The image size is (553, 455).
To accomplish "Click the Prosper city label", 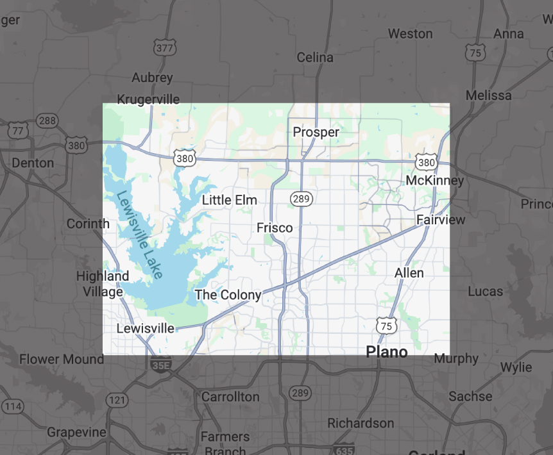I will [x=316, y=132].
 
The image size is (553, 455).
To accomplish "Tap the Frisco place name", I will [x=275, y=227].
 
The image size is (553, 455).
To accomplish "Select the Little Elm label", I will [x=229, y=200].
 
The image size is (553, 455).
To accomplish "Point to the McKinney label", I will [x=434, y=181].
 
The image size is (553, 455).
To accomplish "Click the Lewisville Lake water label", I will [x=140, y=235].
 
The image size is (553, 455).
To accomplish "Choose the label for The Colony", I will [x=228, y=295].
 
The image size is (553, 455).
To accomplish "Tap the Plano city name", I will [x=386, y=352].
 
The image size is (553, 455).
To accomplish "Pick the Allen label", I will [x=409, y=273].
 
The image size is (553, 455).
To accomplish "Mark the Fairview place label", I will [x=441, y=220].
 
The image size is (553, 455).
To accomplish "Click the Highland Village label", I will [x=103, y=284].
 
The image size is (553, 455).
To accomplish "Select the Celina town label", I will [x=314, y=58].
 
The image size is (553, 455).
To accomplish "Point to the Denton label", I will [x=33, y=163].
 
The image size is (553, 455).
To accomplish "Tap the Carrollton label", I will [x=230, y=397].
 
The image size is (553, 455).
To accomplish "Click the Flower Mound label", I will [x=62, y=359].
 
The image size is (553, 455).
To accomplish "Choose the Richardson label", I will [x=361, y=423].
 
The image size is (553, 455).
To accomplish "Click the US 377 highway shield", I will [x=164, y=47].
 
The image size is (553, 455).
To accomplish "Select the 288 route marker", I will [x=47, y=120].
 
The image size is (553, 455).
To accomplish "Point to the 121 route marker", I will [x=117, y=400].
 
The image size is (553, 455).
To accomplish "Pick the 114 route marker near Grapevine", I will [x=13, y=406].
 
